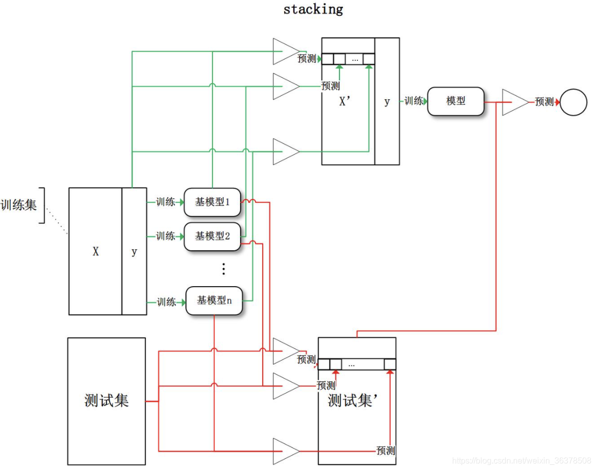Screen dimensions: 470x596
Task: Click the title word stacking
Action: [x=313, y=9]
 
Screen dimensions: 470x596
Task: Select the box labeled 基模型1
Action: [x=212, y=202]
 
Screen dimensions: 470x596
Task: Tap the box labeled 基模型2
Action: [x=212, y=236]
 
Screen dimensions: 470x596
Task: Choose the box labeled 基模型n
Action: [x=214, y=301]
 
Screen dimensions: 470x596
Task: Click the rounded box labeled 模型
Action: [x=455, y=101]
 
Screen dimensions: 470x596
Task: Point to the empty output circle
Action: [x=573, y=102]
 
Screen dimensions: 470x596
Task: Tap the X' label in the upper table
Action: [x=346, y=102]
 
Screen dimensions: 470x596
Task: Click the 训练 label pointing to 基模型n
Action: [x=166, y=302]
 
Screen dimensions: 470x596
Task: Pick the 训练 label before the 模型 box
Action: [x=414, y=101]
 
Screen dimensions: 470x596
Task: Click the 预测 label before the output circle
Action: [x=544, y=102]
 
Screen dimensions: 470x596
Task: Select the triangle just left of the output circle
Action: [x=513, y=102]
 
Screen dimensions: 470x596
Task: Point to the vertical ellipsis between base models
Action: [x=223, y=269]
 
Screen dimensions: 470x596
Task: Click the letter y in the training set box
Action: [x=134, y=252]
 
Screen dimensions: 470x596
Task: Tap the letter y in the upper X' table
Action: [x=387, y=102]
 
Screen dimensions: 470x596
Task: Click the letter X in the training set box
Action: [x=96, y=252]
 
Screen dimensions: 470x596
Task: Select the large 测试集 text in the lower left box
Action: [x=107, y=400]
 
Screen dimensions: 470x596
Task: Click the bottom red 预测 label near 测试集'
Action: [x=386, y=451]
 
